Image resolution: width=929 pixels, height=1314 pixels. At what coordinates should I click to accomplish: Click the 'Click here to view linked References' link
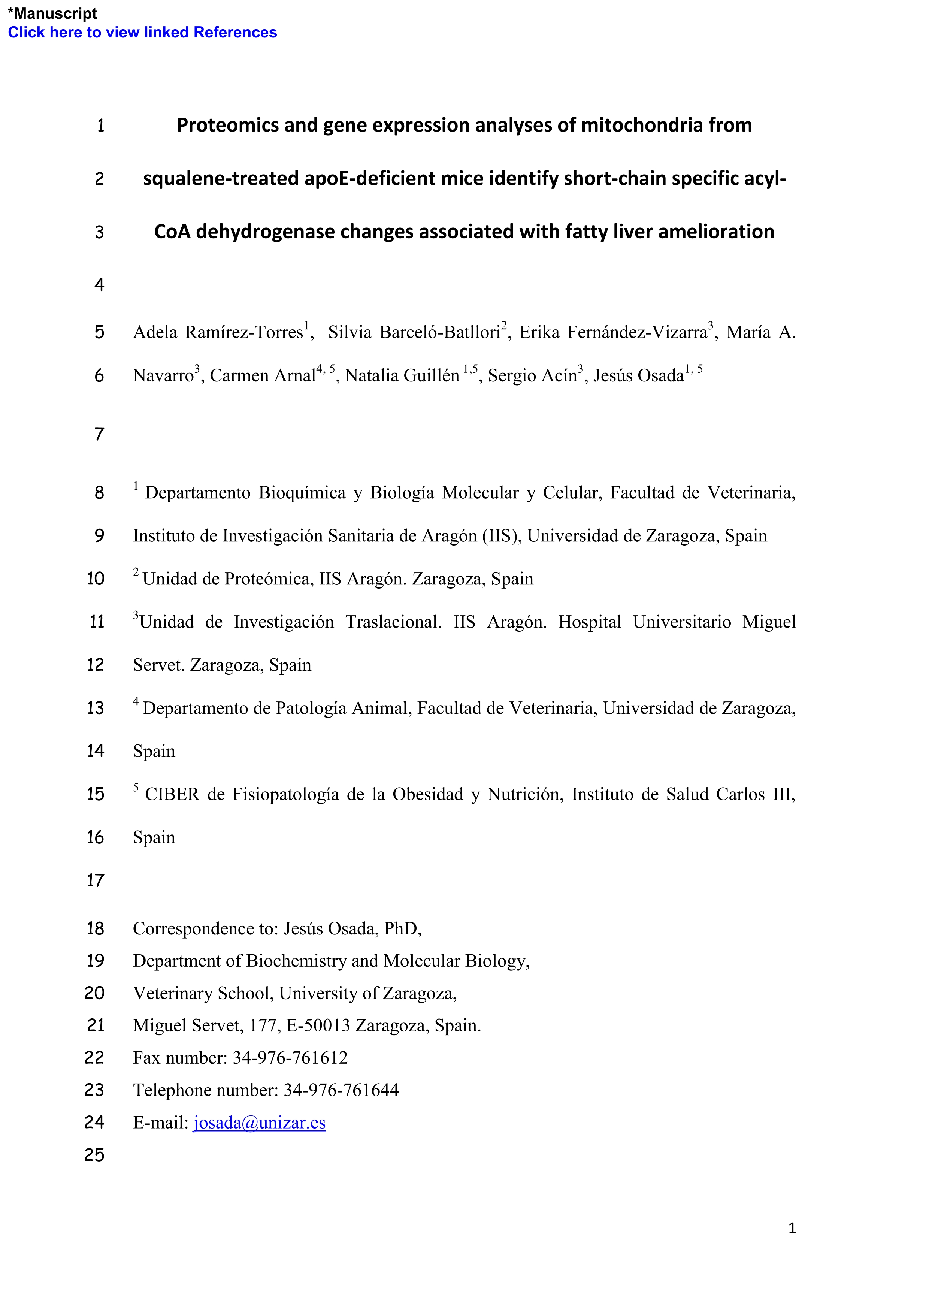click(142, 33)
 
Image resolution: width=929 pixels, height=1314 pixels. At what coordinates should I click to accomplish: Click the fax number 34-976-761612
click(290, 1058)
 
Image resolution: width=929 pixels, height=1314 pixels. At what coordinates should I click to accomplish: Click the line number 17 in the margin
click(95, 880)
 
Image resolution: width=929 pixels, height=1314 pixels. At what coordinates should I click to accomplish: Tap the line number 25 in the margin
click(95, 1154)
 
